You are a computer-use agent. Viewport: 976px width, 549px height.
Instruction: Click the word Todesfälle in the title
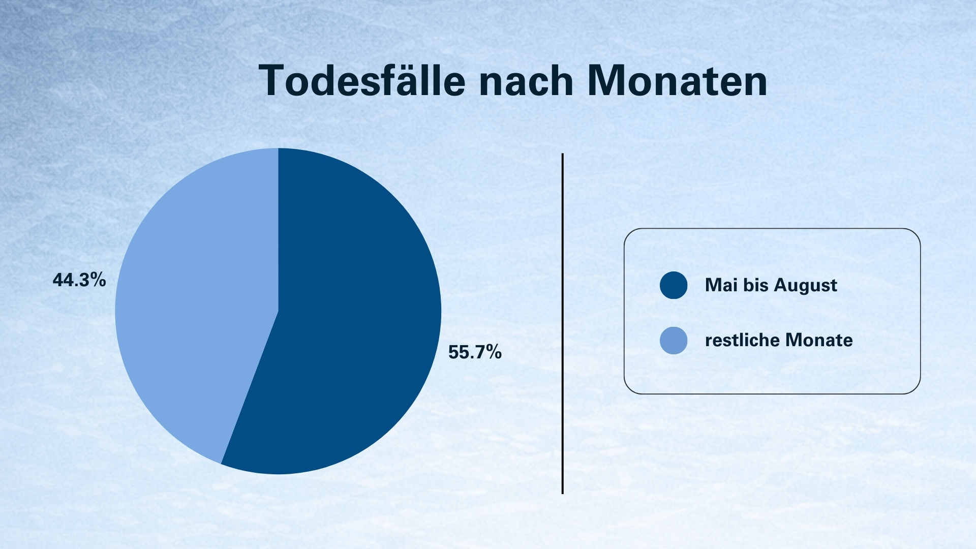coord(362,80)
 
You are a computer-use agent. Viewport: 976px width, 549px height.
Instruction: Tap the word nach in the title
coord(526,80)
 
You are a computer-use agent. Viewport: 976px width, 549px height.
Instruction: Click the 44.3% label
coord(79,280)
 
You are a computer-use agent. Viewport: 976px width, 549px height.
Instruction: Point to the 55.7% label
coord(475,352)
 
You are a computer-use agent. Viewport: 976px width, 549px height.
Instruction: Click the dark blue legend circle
coord(674,285)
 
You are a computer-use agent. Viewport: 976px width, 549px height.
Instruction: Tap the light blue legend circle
coord(674,341)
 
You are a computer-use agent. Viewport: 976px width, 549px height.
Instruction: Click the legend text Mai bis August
coord(771,285)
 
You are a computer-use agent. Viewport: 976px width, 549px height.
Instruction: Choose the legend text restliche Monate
coord(779,340)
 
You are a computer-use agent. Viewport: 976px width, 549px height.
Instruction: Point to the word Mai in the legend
coord(721,285)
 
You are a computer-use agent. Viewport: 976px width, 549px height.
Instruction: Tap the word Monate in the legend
coord(819,340)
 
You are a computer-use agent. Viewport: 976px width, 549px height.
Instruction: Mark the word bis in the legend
coord(756,285)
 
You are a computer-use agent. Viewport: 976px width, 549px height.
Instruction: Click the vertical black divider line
coord(563,323)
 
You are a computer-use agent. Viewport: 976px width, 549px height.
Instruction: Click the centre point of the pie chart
coord(278,311)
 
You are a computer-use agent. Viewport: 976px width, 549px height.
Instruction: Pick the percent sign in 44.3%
coord(98,280)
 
